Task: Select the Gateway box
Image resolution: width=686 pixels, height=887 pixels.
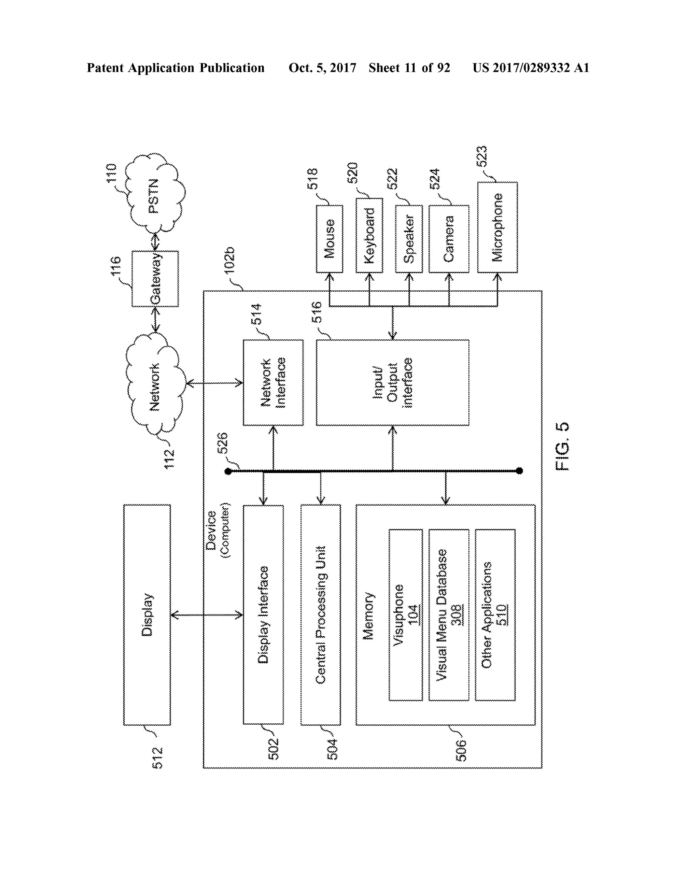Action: pyautogui.click(x=155, y=278)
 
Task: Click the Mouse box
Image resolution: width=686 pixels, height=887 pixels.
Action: pyautogui.click(x=330, y=239)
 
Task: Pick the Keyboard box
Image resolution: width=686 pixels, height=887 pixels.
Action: pyautogui.click(x=369, y=236)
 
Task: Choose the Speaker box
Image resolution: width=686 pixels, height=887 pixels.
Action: pyautogui.click(x=409, y=239)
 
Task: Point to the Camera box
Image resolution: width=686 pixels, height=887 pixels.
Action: pyautogui.click(x=449, y=239)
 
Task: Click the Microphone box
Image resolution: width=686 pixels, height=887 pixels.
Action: pyautogui.click(x=497, y=227)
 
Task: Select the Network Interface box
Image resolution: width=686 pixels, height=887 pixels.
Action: pyautogui.click(x=273, y=383)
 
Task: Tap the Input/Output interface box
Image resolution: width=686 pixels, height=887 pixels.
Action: pyautogui.click(x=392, y=383)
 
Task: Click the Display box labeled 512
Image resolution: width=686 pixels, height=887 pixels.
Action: pyautogui.click(x=147, y=615)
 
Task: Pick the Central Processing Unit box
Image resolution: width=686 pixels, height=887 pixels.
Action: pyautogui.click(x=321, y=615)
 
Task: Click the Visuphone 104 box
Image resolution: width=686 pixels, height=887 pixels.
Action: pyautogui.click(x=406, y=615)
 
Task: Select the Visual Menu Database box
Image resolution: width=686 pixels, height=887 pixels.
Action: pyautogui.click(x=449, y=615)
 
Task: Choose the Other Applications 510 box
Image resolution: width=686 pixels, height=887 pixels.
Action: pyautogui.click(x=495, y=615)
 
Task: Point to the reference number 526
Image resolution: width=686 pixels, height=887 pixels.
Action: pyautogui.click(x=222, y=443)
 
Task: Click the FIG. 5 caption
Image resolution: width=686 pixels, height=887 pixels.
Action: pyautogui.click(x=562, y=447)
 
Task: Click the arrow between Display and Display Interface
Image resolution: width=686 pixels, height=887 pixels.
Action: pyautogui.click(x=206, y=615)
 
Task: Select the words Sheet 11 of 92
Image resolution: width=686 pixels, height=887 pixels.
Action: pyautogui.click(x=409, y=68)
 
